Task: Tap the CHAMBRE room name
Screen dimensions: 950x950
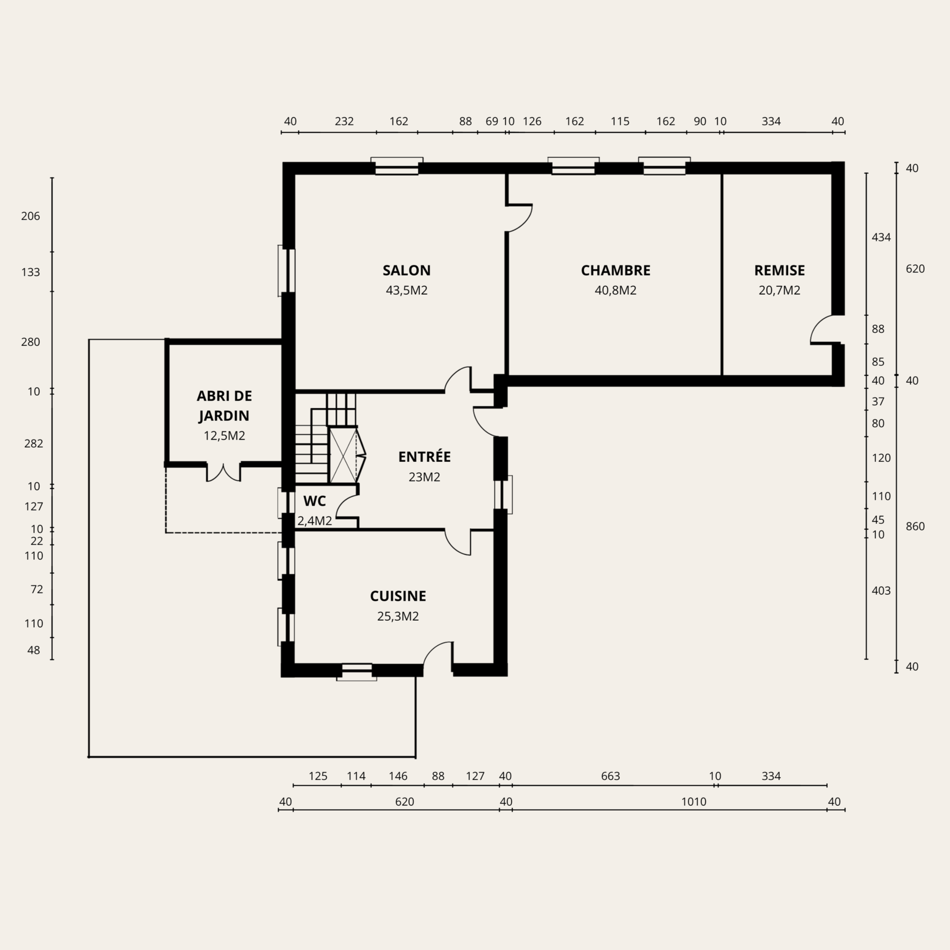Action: pyautogui.click(x=615, y=271)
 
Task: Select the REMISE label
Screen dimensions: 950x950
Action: pyautogui.click(x=780, y=271)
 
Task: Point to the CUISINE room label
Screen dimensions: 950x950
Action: pyautogui.click(x=398, y=596)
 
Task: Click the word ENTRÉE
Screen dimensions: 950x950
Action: pyautogui.click(x=424, y=456)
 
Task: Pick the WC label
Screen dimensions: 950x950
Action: pyautogui.click(x=314, y=501)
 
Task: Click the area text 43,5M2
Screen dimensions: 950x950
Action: pyautogui.click(x=407, y=290)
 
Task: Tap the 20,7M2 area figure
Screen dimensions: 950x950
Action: pyautogui.click(x=780, y=290)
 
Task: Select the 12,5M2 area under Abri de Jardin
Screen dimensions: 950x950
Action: pyautogui.click(x=224, y=436)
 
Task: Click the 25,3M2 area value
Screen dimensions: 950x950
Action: pyautogui.click(x=398, y=617)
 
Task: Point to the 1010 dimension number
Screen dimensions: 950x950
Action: pyautogui.click(x=693, y=802)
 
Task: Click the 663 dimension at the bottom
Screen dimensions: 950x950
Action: pyautogui.click(x=610, y=776)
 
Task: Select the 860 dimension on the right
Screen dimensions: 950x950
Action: pyautogui.click(x=915, y=526)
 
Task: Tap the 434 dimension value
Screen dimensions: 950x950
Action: pyautogui.click(x=881, y=237)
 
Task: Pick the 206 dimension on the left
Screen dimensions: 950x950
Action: pyautogui.click(x=30, y=216)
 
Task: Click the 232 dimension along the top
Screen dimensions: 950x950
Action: pyautogui.click(x=344, y=121)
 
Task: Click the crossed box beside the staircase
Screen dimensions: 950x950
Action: pyautogui.click(x=342, y=455)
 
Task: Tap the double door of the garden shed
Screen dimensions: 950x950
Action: pyautogui.click(x=223, y=472)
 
